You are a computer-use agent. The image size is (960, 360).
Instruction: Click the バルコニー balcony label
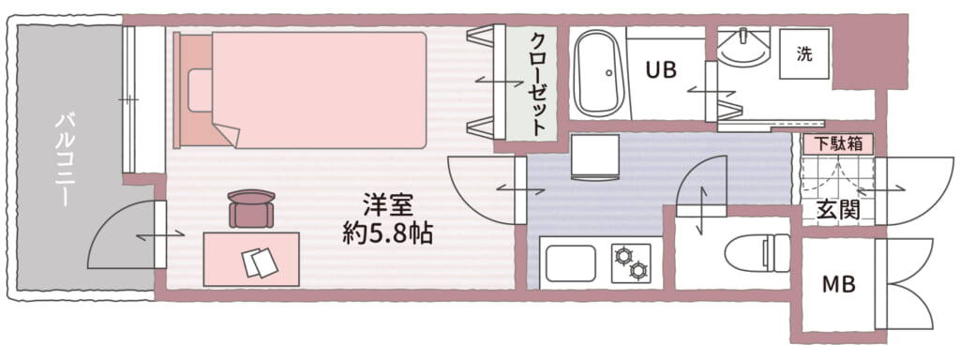pyautogui.click(x=65, y=159)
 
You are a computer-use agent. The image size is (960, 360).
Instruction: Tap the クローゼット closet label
pyautogui.click(x=538, y=83)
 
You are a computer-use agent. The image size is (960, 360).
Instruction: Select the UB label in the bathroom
pyautogui.click(x=661, y=71)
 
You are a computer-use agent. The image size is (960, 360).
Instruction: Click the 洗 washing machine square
pyautogui.click(x=804, y=54)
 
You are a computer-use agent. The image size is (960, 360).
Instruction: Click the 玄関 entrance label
pyautogui.click(x=838, y=210)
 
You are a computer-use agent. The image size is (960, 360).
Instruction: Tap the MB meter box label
pyautogui.click(x=838, y=284)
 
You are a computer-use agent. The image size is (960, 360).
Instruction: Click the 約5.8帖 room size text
pyautogui.click(x=387, y=233)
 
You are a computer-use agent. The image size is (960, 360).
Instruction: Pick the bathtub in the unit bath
pyautogui.click(x=598, y=73)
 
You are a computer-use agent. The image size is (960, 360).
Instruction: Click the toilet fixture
pyautogui.click(x=757, y=253)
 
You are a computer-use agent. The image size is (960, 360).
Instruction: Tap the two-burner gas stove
pyautogui.click(x=631, y=262)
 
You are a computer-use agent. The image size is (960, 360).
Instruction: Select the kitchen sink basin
pyautogui.click(x=571, y=263)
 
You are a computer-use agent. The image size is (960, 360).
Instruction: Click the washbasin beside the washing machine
pyautogui.click(x=743, y=47)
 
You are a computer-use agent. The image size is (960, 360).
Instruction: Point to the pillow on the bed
pyautogui.click(x=201, y=91)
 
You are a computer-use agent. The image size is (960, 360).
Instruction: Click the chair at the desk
pyautogui.click(x=251, y=208)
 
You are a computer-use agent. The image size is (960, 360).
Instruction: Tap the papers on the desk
pyautogui.click(x=260, y=262)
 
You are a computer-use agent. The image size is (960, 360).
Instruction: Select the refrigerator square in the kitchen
pyautogui.click(x=594, y=157)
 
